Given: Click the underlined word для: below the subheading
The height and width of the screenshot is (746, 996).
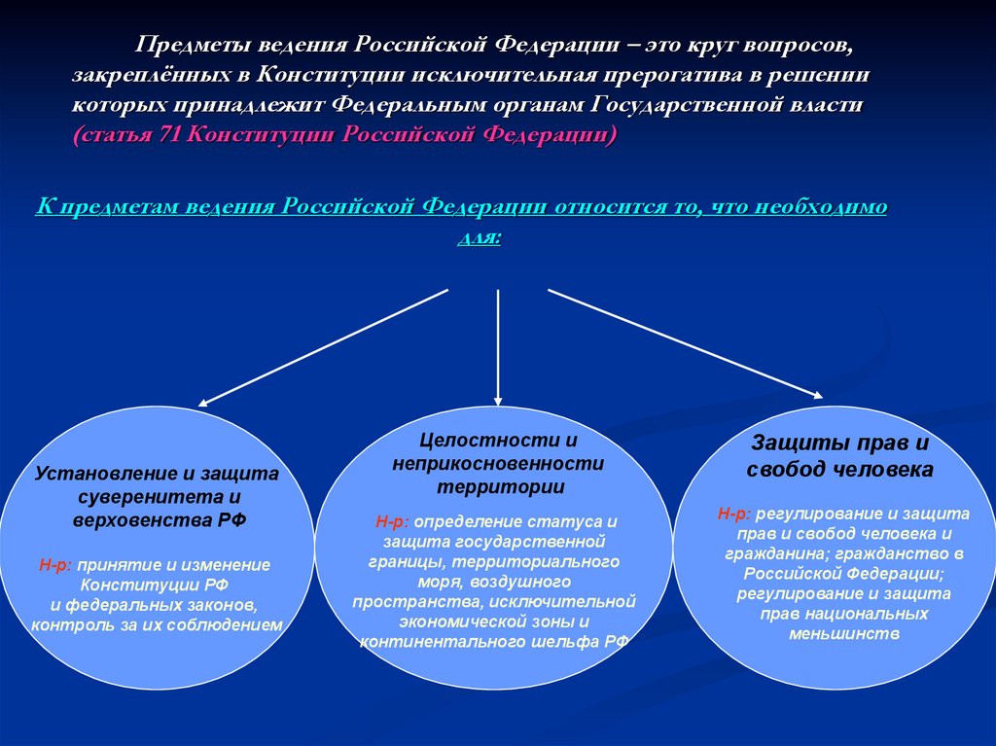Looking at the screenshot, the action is (479, 237).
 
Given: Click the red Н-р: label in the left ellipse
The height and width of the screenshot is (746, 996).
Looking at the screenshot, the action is (56, 564).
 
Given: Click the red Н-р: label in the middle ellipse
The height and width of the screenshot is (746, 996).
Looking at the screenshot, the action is (394, 522).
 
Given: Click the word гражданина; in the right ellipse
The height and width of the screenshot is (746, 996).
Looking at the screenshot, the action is (788, 553).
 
